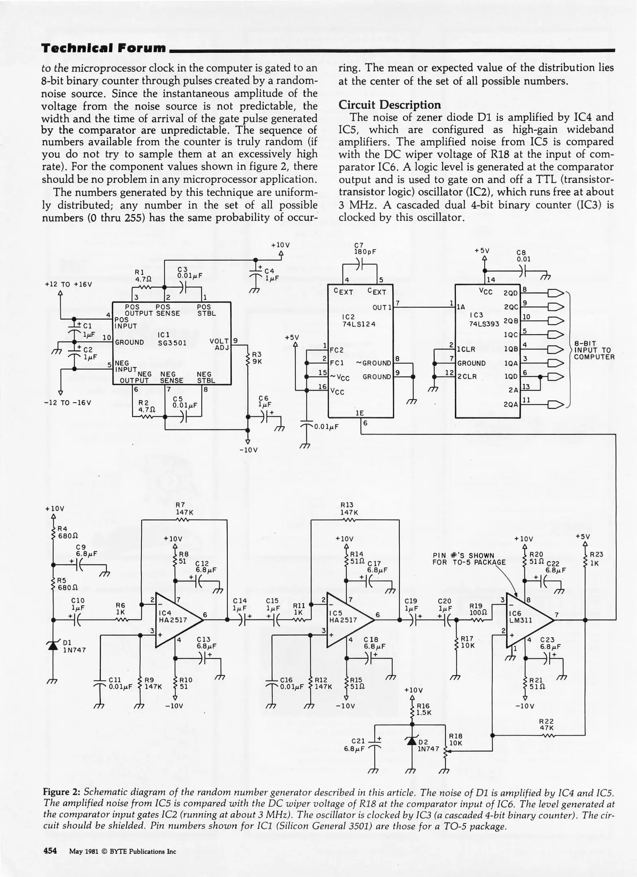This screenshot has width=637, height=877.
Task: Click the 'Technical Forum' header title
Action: (x=104, y=48)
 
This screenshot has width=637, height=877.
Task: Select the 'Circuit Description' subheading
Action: (x=389, y=105)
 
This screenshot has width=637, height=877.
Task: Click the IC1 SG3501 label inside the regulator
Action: (x=172, y=339)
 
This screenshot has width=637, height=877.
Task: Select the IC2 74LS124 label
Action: (x=359, y=320)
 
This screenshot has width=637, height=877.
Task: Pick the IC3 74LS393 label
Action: (x=484, y=319)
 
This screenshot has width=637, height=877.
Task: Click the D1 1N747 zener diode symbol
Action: (x=53, y=646)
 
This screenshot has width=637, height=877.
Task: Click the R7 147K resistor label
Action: (x=184, y=508)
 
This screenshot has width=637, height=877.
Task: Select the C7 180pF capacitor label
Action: (x=365, y=248)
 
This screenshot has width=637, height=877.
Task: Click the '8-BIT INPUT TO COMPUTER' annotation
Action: (x=594, y=350)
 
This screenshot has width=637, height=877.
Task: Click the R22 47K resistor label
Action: (x=546, y=724)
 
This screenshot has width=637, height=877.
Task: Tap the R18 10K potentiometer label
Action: (x=456, y=739)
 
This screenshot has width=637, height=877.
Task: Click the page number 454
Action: (x=50, y=851)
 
